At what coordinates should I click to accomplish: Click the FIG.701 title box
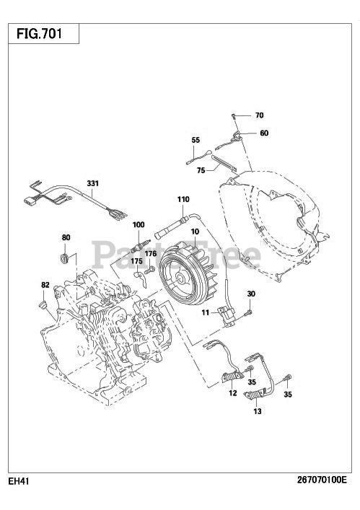pos(43,33)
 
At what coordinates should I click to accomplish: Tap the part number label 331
pos(92,183)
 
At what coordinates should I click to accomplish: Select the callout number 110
pos(183,199)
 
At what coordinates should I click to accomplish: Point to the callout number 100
pos(139,224)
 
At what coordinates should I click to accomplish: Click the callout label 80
pos(66,237)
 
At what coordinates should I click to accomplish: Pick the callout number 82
pos(45,285)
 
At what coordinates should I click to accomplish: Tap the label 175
pos(137,261)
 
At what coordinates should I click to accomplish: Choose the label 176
pos(151,253)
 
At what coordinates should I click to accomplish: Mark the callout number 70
pos(259,115)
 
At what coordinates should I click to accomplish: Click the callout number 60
pos(264,133)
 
